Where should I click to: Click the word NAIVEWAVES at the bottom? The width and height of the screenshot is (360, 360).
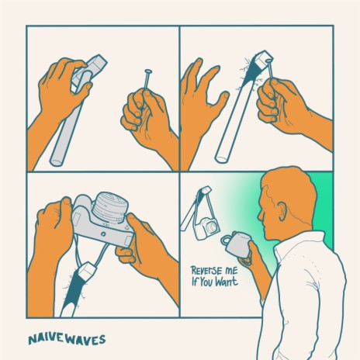pyautogui.click(x=67, y=340)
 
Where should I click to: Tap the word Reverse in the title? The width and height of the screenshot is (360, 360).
pyautogui.click(x=206, y=271)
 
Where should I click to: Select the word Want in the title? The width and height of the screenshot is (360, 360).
pyautogui.click(x=227, y=281)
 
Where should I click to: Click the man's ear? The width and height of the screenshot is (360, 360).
pyautogui.click(x=282, y=211)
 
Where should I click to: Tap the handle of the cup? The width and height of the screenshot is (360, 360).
pyautogui.click(x=225, y=241)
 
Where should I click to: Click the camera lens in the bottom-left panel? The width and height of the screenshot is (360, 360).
pyautogui.click(x=110, y=207)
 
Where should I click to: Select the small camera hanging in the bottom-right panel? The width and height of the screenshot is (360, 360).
pyautogui.click(x=207, y=228)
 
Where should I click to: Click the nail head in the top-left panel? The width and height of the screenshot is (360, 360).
pyautogui.click(x=148, y=71)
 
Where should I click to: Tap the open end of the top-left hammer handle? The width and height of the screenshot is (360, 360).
pyautogui.click(x=57, y=162)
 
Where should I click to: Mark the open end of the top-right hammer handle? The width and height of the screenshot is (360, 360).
pyautogui.click(x=222, y=158)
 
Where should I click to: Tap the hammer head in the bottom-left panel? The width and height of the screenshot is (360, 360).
pyautogui.click(x=87, y=269)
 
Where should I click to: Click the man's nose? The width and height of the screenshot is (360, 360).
pyautogui.click(x=259, y=216)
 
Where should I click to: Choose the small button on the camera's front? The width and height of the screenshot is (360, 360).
pyautogui.click(x=103, y=234)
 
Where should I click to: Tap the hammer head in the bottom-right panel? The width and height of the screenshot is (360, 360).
pyautogui.click(x=206, y=191)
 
